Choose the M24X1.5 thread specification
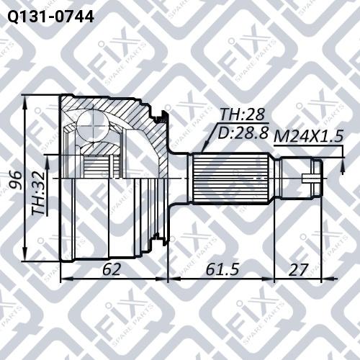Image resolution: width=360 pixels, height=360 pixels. tap(308, 135)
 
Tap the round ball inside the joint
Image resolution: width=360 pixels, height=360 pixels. tap(92, 122)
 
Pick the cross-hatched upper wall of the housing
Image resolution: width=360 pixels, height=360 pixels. tap(137, 115)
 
